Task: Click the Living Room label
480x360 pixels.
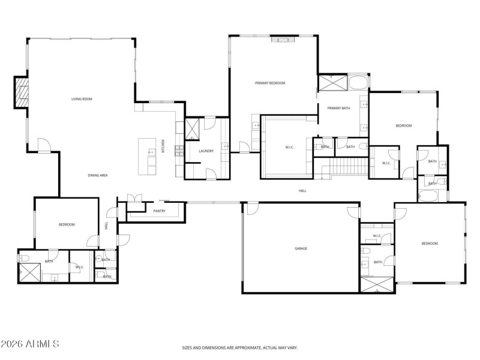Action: tap(82, 99)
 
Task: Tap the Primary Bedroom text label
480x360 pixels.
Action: tap(269, 83)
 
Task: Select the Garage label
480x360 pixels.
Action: tap(301, 248)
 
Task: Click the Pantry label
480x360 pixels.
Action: tap(159, 211)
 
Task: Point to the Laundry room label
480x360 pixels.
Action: tap(206, 151)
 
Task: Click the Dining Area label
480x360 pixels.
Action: tap(97, 175)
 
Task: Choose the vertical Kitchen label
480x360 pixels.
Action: tap(163, 146)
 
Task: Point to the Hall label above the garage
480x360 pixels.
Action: tap(302, 191)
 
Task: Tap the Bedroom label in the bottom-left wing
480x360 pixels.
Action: tap(66, 224)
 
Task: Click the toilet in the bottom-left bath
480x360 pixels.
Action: tap(25, 258)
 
